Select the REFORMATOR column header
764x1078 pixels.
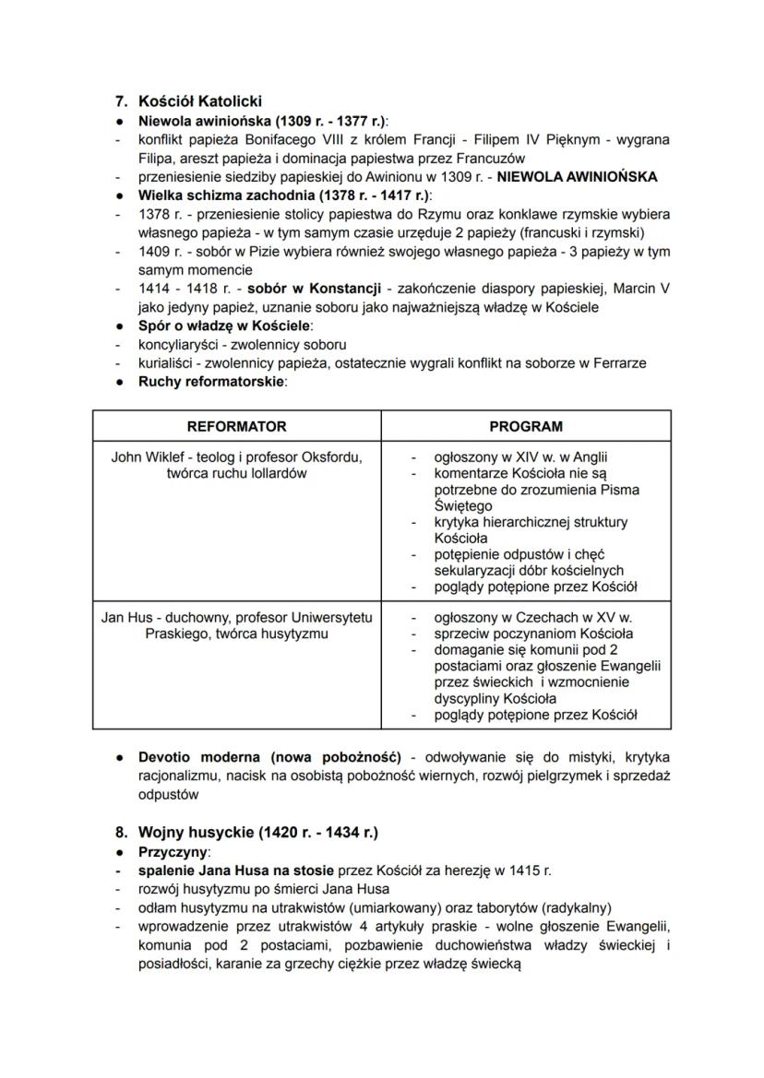(236, 426)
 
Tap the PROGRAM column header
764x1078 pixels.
(526, 426)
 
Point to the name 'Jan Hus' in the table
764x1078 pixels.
(125, 617)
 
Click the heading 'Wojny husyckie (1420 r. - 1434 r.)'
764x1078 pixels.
(257, 832)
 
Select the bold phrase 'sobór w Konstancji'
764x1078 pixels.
(323, 289)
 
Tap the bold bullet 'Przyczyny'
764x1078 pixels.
(173, 851)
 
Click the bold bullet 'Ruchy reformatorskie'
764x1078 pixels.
(211, 382)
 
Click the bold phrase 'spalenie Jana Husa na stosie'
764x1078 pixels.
(237, 870)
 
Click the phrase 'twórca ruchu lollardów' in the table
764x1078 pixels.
(236, 473)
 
